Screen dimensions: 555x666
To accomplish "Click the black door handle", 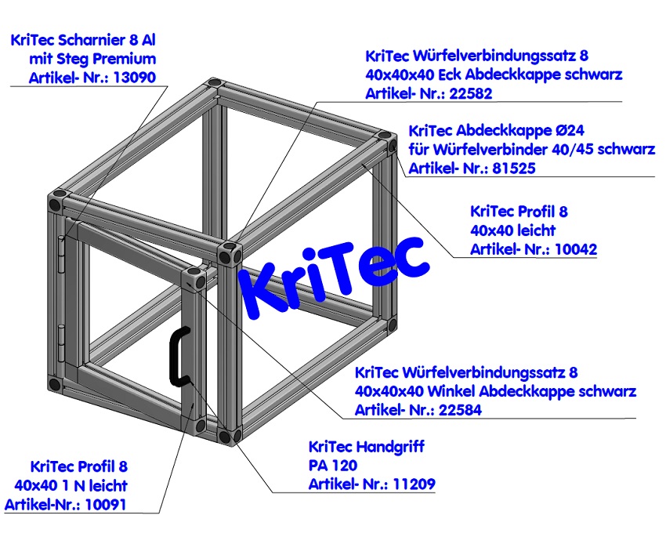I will [176, 357].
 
